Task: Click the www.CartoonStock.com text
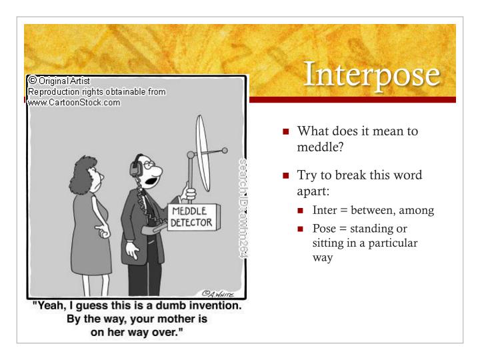(x=75, y=103)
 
